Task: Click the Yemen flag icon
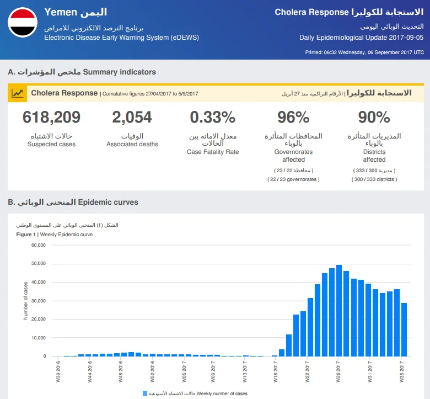pos(23,22)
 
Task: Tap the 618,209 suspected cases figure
pos(51,117)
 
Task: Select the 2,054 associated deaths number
pos(132,117)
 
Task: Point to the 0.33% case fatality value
pos(213,117)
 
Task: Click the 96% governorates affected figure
pos(293,117)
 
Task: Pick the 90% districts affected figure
pos(374,117)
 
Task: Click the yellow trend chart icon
pos(17,93)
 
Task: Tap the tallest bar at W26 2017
pos(339,311)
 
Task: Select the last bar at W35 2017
pos(404,329)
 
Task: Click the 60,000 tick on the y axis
pos(39,245)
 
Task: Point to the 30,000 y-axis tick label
pos(39,301)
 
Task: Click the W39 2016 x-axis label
pos(58,371)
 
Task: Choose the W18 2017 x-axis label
pos(276,371)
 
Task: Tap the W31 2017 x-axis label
pos(370,371)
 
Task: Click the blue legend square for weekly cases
pos(145,393)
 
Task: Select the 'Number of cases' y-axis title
pos(25,301)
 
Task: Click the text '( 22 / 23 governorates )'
pos(293,179)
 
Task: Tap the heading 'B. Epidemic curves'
pos(73,202)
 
